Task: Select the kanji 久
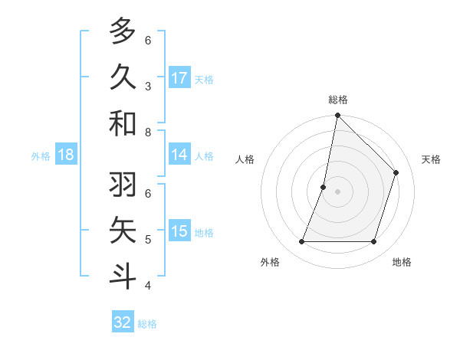pyautogui.click(x=123, y=77)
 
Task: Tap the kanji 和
pyautogui.click(x=123, y=123)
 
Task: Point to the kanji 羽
pyautogui.click(x=123, y=184)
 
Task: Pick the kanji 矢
pyautogui.click(x=123, y=230)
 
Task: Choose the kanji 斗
pyautogui.click(x=123, y=276)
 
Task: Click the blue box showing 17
pyautogui.click(x=179, y=78)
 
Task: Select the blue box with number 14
pyautogui.click(x=179, y=155)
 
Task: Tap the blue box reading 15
pyautogui.click(x=179, y=231)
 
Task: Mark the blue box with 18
pyautogui.click(x=66, y=155)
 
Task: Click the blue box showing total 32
pyautogui.click(x=123, y=322)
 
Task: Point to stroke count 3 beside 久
pyautogui.click(x=148, y=86)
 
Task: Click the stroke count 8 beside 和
pyautogui.click(x=148, y=132)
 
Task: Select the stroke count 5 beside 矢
pyautogui.click(x=148, y=239)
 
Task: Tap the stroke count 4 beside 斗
pyautogui.click(x=148, y=286)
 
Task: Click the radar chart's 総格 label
pyautogui.click(x=337, y=100)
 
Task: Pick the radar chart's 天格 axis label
pyautogui.click(x=431, y=159)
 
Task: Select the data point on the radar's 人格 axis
pyautogui.click(x=324, y=187)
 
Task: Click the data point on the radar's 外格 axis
pyautogui.click(x=301, y=242)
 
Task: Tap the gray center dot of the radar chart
pyautogui.click(x=337, y=191)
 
